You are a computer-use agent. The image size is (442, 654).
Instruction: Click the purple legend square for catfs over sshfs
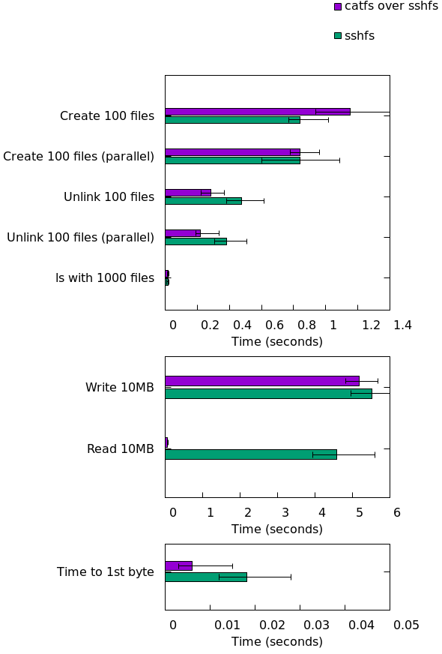pos(338,7)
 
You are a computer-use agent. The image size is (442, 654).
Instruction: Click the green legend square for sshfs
pos(338,36)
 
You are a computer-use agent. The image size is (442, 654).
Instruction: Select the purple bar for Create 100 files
pos(258,112)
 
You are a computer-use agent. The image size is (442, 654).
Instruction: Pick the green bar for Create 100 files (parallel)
pos(232,160)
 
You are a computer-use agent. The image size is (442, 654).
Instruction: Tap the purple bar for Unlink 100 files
pos(188,193)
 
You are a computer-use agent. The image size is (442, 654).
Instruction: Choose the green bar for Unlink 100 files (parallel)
pos(196,241)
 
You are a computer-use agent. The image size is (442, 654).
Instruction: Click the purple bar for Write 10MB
pos(262,381)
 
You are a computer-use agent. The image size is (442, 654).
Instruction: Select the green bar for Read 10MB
pos(251,454)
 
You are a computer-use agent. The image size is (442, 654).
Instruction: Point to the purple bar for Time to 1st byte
pos(179,566)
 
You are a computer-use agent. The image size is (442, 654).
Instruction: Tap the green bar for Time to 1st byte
pos(206,577)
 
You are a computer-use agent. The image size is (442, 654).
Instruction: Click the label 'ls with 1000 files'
pos(105,277)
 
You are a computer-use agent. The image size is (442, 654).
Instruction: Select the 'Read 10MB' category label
pos(121,448)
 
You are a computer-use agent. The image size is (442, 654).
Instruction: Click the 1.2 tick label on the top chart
pos(371,325)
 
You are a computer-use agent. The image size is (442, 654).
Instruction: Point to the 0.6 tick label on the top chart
pos(274,325)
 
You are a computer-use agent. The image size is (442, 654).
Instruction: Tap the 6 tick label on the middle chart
pos(396,512)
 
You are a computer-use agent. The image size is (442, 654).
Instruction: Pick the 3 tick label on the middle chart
pos(285,512)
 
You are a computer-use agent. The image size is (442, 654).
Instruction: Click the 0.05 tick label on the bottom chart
pos(406,625)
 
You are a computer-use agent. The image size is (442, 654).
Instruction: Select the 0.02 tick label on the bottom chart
pos(272,625)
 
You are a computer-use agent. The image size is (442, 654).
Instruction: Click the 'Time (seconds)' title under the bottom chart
pos(277,641)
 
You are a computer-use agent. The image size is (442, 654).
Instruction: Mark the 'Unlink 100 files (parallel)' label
pos(80,237)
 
